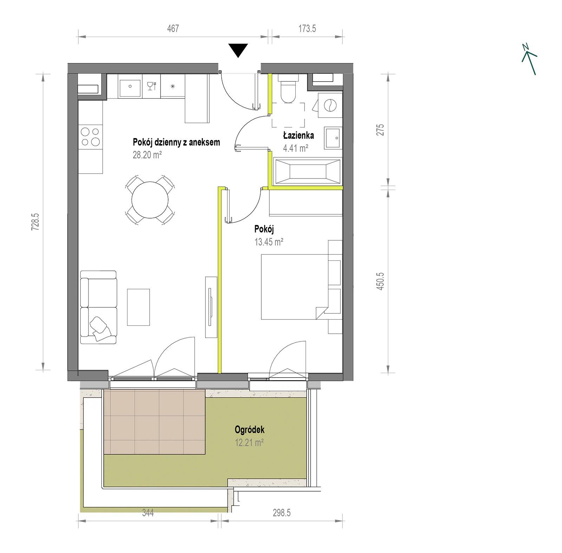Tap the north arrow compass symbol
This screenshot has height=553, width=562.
(529, 59)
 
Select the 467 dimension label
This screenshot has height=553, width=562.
(173, 28)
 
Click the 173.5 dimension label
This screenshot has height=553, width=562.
(307, 28)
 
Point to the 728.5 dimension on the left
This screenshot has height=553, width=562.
(35, 222)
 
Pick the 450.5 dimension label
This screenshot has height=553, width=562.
(380, 281)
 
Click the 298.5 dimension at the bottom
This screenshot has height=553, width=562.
(282, 513)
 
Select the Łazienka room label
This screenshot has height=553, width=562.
(299, 135)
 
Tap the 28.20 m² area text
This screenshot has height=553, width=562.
(147, 155)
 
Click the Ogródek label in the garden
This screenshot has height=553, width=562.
(249, 430)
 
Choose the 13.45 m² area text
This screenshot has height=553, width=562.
(269, 242)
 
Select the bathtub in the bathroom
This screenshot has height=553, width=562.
(308, 171)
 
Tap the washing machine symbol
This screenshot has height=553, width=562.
(330, 105)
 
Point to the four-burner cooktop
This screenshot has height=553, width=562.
(90, 137)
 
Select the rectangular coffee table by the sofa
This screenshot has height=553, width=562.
(138, 307)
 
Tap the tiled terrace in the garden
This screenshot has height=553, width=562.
(154, 421)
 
